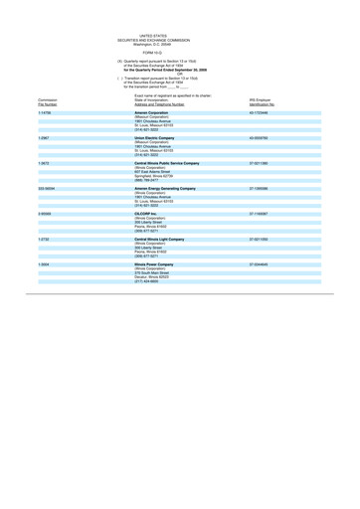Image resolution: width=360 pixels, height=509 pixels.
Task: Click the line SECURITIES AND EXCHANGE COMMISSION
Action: pyautogui.click(x=179, y=15)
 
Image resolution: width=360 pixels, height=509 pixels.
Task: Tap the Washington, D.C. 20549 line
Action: pyautogui.click(x=179, y=20)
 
